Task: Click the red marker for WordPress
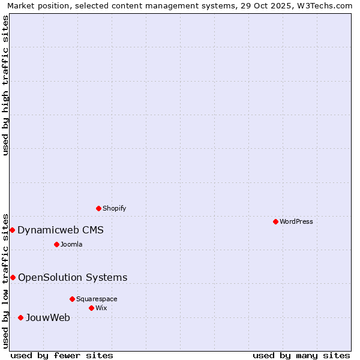point(275,221)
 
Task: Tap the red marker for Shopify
point(98,208)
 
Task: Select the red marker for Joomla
point(56,244)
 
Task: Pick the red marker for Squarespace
point(72,299)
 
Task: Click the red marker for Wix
point(91,308)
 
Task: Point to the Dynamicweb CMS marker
point(12,230)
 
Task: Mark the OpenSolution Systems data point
point(13,277)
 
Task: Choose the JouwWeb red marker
point(20,317)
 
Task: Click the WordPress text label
point(296,221)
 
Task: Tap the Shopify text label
point(114,208)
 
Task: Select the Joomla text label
point(71,244)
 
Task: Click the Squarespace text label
point(97,299)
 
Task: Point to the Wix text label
point(101,308)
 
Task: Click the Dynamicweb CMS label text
point(61,230)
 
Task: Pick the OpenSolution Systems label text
point(73,277)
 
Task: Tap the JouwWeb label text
point(48,317)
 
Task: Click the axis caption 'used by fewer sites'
point(62,355)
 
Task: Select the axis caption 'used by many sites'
point(301,355)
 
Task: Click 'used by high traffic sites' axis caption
point(5,85)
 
